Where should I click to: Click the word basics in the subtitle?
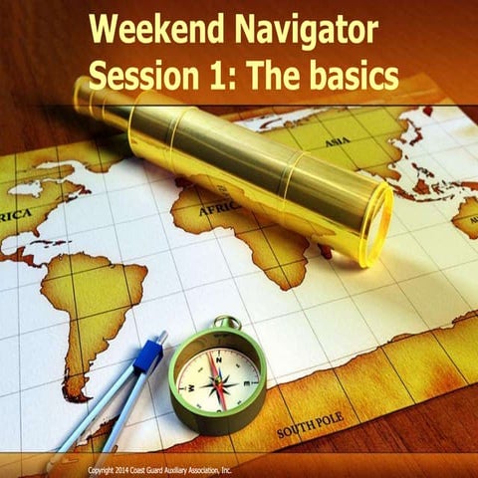click(x=344, y=75)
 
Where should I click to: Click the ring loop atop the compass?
click(x=228, y=324)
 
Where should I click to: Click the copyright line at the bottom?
click(x=159, y=469)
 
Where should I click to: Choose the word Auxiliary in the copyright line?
click(x=184, y=469)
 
